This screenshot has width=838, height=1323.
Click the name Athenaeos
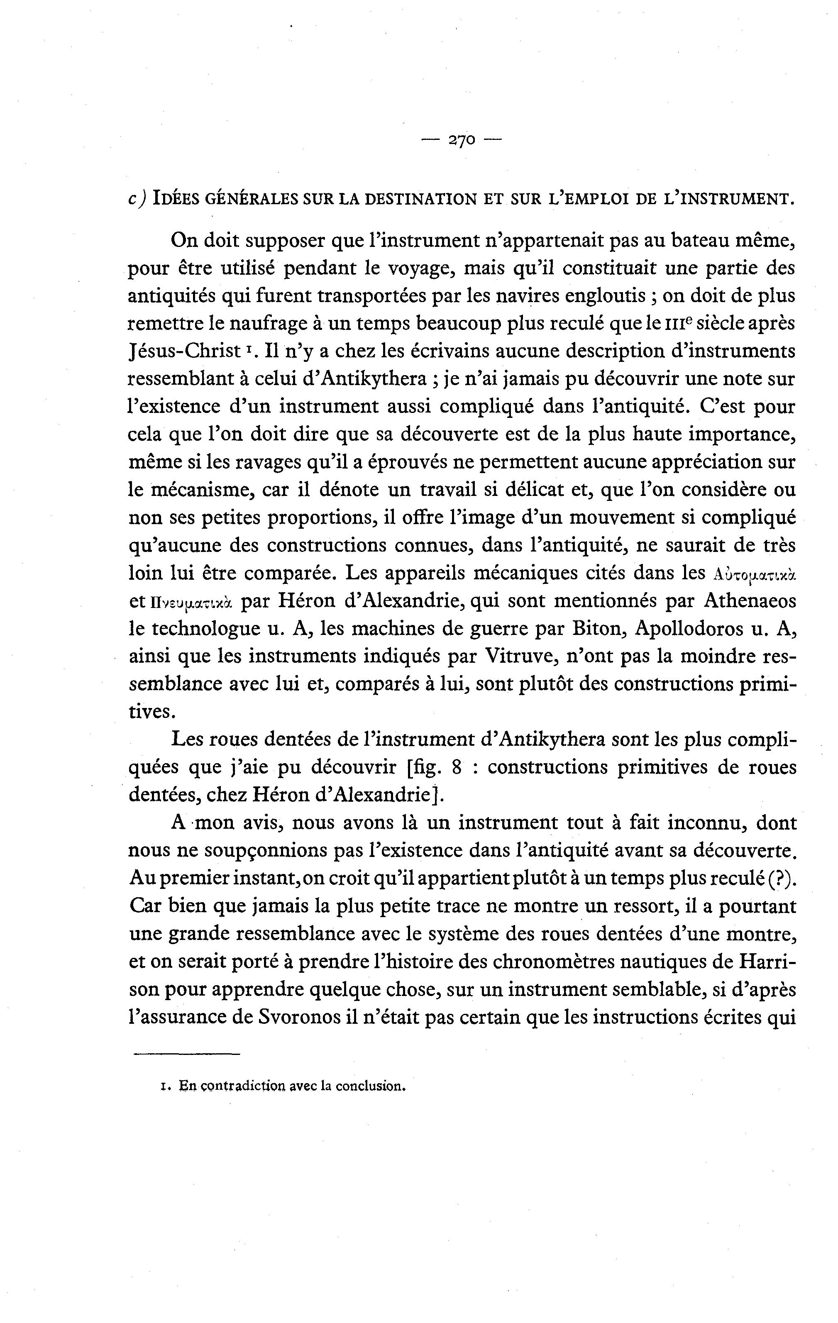[x=750, y=601]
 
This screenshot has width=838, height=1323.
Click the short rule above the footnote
[x=187, y=1054]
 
